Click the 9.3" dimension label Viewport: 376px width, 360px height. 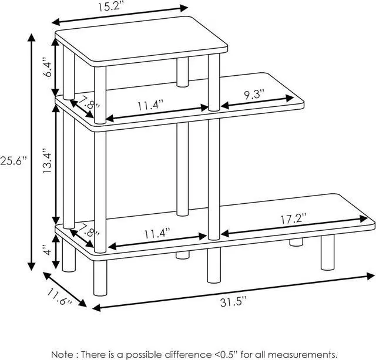point(254,93)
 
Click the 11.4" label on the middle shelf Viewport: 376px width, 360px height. point(150,105)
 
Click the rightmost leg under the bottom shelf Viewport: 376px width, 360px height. point(327,253)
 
